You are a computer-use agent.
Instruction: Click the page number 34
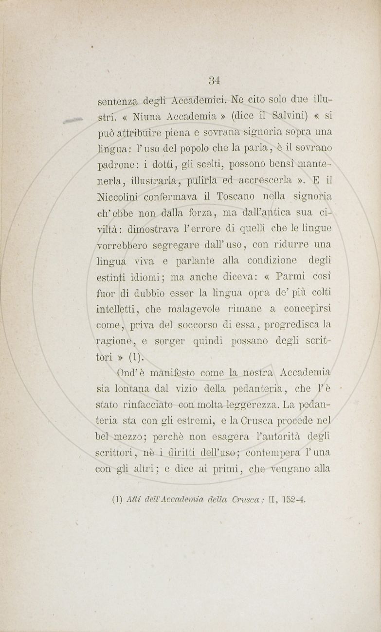point(214,80)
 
